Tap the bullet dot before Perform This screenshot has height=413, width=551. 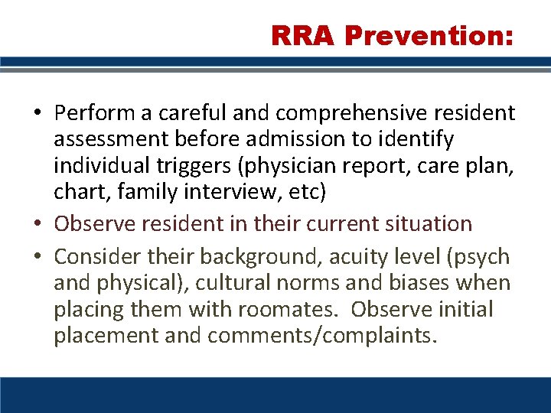click(37, 114)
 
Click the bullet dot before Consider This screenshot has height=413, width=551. click(37, 257)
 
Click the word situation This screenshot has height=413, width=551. click(425, 224)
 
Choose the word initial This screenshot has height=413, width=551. click(463, 310)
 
